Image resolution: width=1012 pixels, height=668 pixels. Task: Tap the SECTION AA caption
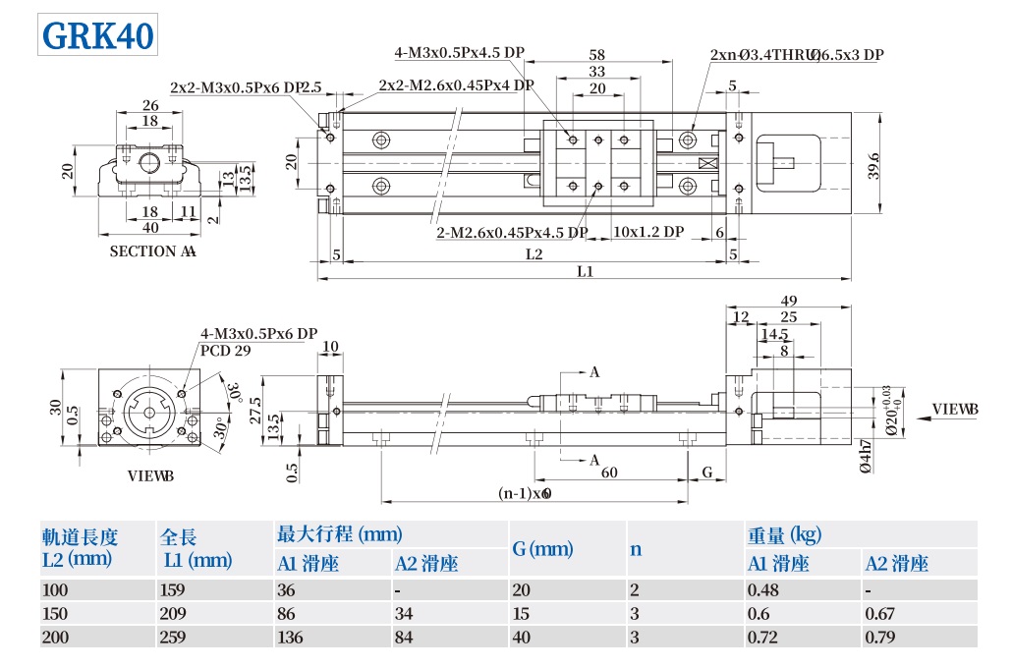[152, 251]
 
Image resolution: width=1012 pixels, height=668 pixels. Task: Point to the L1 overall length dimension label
[585, 271]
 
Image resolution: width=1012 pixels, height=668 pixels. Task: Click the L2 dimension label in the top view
[534, 254]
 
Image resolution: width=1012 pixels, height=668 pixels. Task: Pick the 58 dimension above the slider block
[596, 55]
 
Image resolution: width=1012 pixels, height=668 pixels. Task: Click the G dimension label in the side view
[706, 473]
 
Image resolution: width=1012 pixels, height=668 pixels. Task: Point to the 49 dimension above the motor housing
[788, 301]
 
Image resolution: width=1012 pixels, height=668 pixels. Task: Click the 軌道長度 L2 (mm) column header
[81, 548]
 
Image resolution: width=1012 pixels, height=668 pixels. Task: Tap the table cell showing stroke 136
[291, 638]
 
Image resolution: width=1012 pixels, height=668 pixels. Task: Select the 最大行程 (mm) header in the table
[340, 534]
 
